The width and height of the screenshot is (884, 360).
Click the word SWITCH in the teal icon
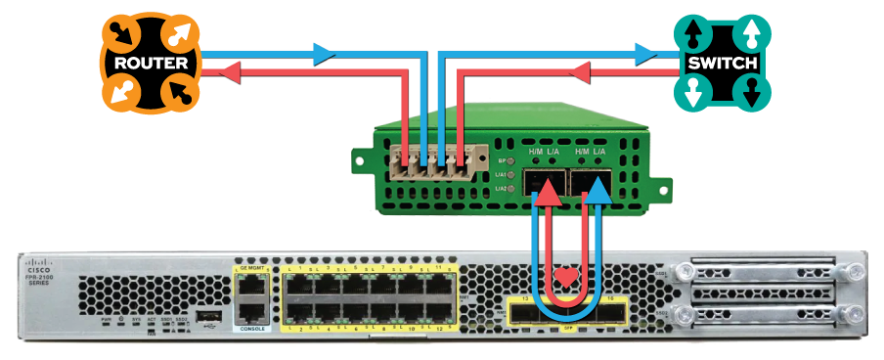pyautogui.click(x=723, y=64)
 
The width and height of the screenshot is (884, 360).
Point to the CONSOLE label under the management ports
pyautogui.click(x=252, y=330)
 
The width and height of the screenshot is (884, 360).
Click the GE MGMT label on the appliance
pyautogui.click(x=252, y=267)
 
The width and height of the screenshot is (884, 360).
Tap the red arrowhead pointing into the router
pyautogui.click(x=227, y=71)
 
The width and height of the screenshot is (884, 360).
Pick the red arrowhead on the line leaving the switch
pyautogui.click(x=579, y=71)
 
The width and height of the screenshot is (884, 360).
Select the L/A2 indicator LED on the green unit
pyautogui.click(x=512, y=188)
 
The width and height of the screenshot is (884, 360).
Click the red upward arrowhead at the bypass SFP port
pyautogui.click(x=550, y=196)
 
